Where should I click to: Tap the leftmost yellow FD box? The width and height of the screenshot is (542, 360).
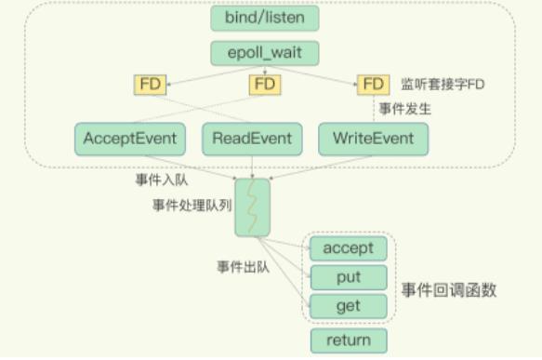(151, 85)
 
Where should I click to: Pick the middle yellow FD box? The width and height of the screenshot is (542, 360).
(265, 85)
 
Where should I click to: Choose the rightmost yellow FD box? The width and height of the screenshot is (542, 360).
(373, 85)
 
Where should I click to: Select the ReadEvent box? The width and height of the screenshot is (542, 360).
(252, 139)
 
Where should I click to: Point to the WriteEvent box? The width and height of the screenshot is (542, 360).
(374, 139)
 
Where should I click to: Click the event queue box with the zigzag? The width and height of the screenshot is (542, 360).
(252, 207)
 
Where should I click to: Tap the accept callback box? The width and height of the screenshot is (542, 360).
(348, 247)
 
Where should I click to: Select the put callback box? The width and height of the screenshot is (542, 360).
(348, 277)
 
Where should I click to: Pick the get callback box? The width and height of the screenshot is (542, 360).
(348, 306)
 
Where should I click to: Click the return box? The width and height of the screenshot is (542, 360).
(348, 340)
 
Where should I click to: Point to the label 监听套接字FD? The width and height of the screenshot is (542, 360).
(443, 85)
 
